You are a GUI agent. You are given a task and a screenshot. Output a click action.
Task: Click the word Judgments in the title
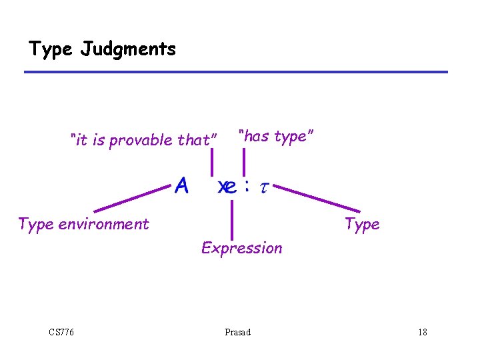click(128, 49)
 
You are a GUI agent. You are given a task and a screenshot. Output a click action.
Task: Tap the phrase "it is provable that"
click(144, 140)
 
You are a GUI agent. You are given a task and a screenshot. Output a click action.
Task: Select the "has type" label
click(276, 137)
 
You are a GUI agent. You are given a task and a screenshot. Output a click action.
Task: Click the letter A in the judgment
click(181, 186)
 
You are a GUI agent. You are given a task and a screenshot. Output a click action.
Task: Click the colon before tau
click(247, 187)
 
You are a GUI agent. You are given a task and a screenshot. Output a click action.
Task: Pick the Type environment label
click(83, 224)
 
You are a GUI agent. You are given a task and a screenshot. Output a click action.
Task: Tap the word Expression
click(241, 248)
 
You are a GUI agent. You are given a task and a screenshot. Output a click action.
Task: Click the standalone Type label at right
click(362, 224)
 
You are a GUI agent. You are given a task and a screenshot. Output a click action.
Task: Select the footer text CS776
click(61, 332)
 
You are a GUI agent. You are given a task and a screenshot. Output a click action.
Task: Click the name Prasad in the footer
click(238, 332)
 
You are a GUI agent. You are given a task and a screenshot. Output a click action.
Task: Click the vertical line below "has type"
click(243, 162)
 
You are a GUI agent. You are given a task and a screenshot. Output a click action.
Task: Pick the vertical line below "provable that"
click(212, 163)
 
